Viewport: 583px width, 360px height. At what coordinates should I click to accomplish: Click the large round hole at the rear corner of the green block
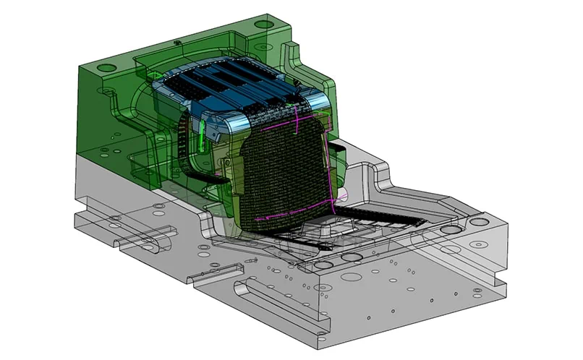[x=265, y=24]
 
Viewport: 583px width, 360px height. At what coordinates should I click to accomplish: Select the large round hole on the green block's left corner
[x=106, y=68]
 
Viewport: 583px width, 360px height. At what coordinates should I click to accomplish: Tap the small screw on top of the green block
[x=177, y=43]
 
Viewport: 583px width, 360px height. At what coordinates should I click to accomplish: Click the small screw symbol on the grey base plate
[x=250, y=260]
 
